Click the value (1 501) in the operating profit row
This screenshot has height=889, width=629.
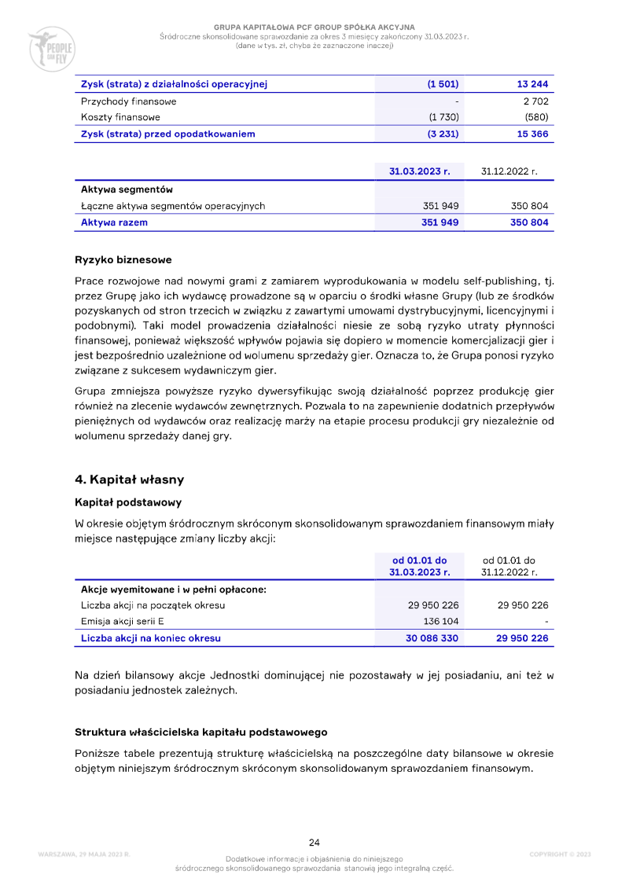pyautogui.click(x=443, y=84)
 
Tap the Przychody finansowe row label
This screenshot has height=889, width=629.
pyautogui.click(x=129, y=101)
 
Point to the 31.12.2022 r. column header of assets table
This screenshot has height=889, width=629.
pyautogui.click(x=509, y=171)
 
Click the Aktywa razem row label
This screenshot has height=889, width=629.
pyautogui.click(x=114, y=222)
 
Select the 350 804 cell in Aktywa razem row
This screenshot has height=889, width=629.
pyautogui.click(x=529, y=222)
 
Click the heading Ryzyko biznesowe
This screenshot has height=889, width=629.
pyautogui.click(x=123, y=260)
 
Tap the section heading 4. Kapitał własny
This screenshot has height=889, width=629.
pyautogui.click(x=129, y=479)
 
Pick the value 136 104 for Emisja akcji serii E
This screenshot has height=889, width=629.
pyautogui.click(x=441, y=622)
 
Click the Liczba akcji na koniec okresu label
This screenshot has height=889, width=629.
pyautogui.click(x=151, y=638)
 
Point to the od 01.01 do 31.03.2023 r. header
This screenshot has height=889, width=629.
pyautogui.click(x=419, y=566)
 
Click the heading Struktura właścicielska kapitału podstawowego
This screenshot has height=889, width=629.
pyautogui.click(x=200, y=732)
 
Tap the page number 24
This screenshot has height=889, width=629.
pyautogui.click(x=314, y=843)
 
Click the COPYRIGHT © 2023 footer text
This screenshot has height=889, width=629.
pyautogui.click(x=560, y=854)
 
